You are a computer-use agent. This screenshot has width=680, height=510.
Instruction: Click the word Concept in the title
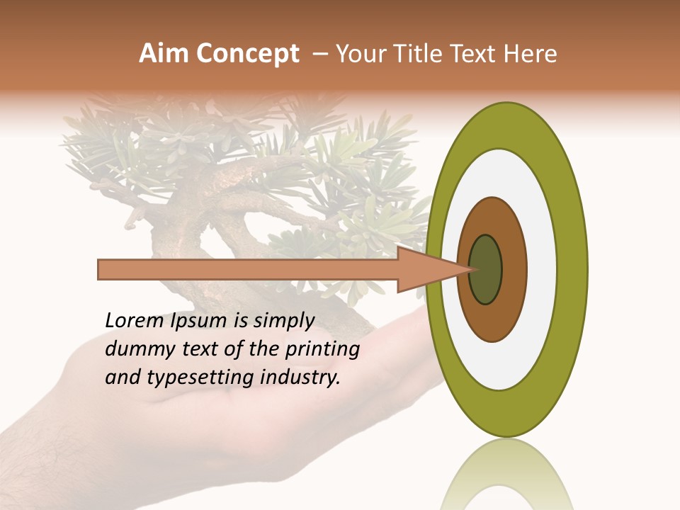(247, 54)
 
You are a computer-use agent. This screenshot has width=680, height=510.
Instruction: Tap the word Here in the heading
(531, 54)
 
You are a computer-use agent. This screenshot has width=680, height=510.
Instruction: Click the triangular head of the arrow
(425, 269)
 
